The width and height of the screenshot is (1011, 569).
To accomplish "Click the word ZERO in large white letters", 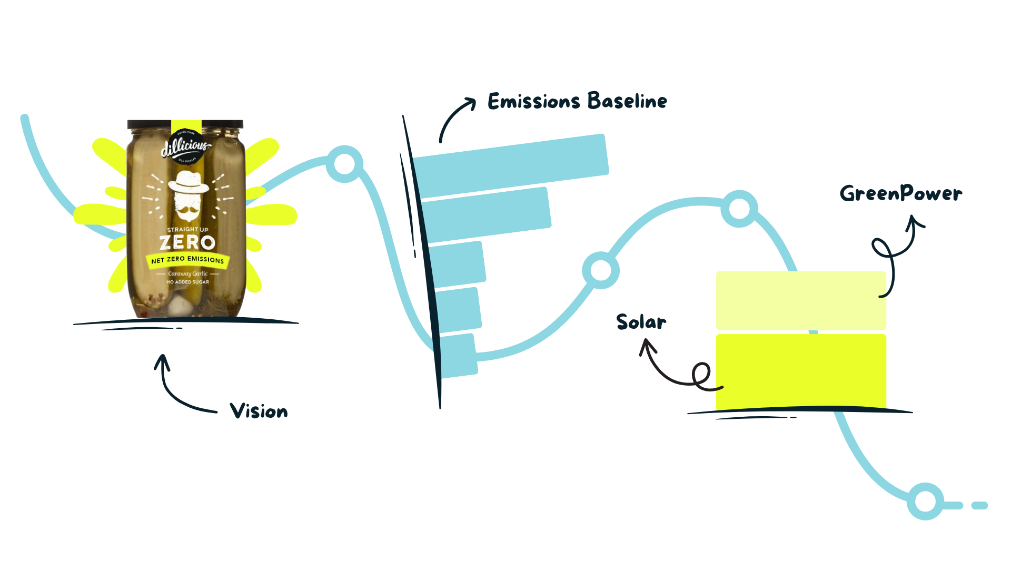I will click(x=187, y=243).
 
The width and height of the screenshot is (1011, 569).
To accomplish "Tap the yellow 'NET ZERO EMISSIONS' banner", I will click(x=187, y=260).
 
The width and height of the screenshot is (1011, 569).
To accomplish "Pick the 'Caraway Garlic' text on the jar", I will click(x=187, y=274).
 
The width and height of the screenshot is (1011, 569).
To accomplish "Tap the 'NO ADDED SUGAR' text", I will click(x=187, y=282).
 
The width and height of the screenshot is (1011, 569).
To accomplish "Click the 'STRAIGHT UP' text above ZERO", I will click(x=187, y=230).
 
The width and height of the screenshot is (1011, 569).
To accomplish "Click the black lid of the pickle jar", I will click(x=185, y=124).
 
